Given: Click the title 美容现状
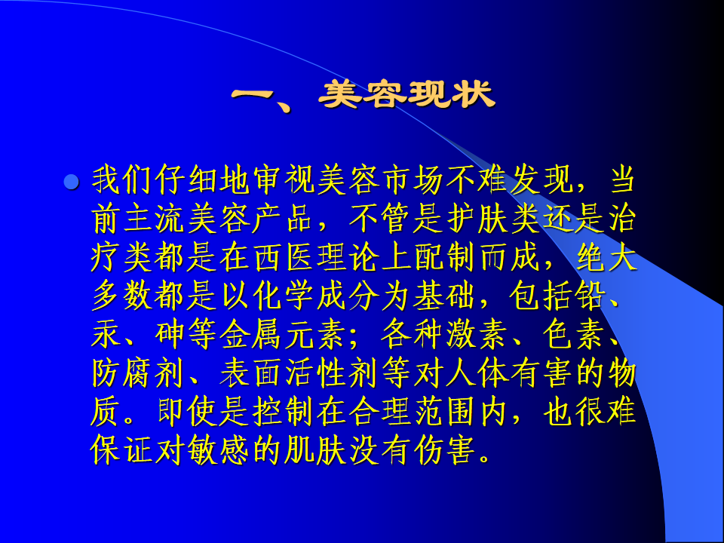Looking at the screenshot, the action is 406,95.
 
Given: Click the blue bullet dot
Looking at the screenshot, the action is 71,182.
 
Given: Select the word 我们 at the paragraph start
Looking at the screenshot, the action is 122,180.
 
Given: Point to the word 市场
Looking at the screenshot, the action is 413,180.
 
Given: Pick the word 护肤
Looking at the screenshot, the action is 477,219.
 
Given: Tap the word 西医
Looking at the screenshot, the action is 284,258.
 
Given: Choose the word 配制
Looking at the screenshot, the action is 445,258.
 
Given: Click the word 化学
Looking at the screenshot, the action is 284,296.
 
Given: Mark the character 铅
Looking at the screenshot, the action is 590,296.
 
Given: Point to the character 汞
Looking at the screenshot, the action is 106,335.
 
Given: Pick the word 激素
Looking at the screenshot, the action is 477,335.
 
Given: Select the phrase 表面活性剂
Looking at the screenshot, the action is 299,374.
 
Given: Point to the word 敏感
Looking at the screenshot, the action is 219,451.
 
